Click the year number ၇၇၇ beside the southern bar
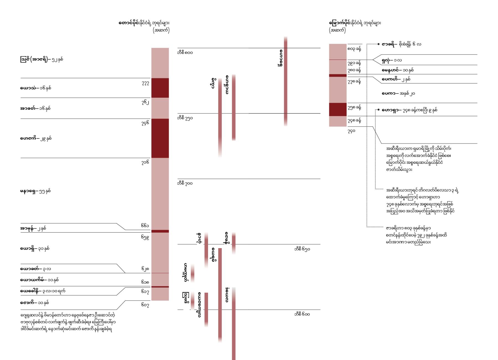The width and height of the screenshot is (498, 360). click(145, 83)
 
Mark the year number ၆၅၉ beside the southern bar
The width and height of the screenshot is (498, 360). click(145, 237)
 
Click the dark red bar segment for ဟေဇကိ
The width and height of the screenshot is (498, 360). click(160, 138)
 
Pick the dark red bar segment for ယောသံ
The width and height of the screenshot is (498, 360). click(160, 88)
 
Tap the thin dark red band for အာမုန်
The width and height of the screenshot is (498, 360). click(160, 231)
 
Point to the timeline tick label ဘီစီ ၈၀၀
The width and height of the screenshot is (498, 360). click(185, 53)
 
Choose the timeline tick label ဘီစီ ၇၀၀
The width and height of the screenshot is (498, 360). click(185, 183)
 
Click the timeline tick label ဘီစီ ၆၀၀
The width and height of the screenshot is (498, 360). click(302, 314)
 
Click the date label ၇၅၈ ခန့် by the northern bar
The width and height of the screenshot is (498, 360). click(354, 107)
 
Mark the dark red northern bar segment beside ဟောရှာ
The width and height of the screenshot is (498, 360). click(338, 109)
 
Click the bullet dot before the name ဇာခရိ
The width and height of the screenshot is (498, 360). click(378, 44)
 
